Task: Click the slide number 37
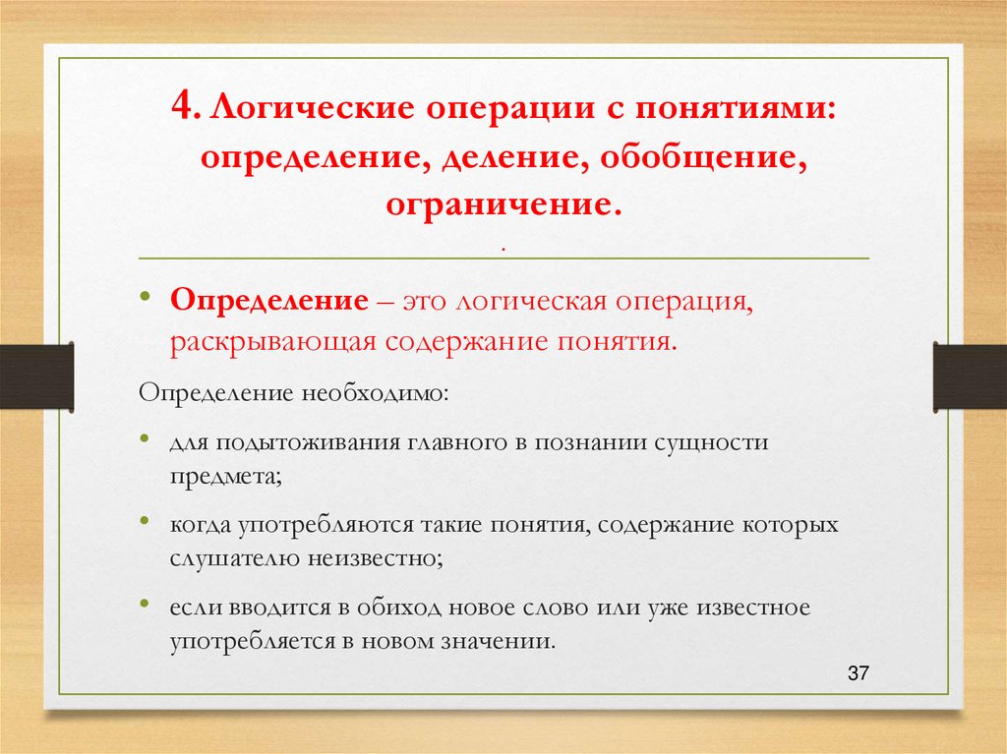tap(858, 673)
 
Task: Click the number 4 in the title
tap(187, 105)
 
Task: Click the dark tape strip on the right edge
tap(970, 375)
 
